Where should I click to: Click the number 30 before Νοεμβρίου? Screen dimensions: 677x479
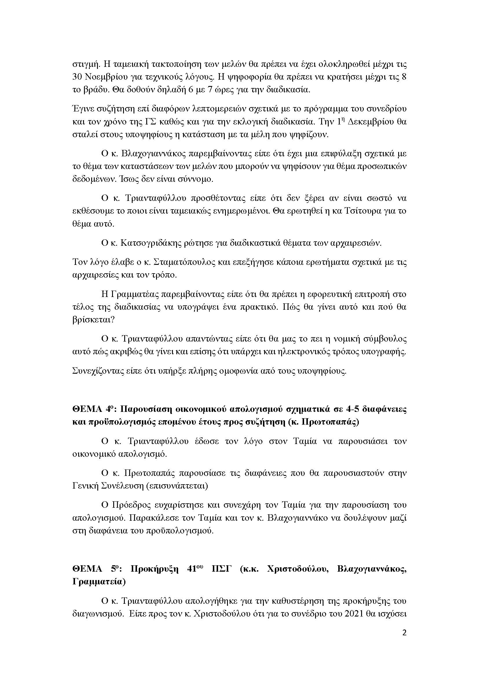tap(77, 77)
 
